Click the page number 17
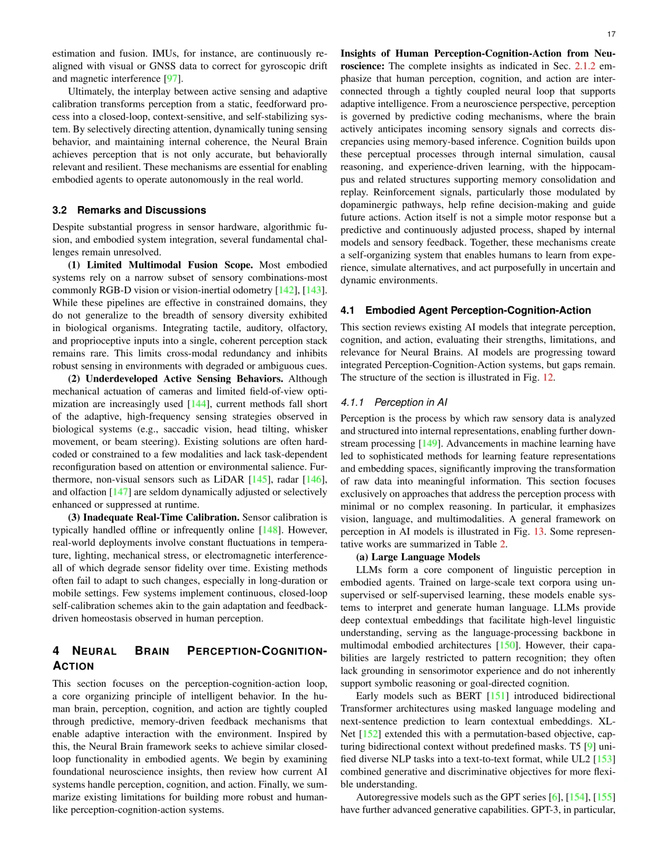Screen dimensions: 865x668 pyautogui.click(x=611, y=34)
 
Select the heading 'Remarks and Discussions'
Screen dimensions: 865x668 pyautogui.click(x=142, y=210)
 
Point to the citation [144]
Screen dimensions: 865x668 pyautogui.click(x=199, y=404)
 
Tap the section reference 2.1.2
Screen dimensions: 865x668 pyautogui.click(x=586, y=66)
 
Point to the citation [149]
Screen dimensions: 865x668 pyautogui.click(x=429, y=444)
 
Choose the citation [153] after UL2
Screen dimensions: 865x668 pyautogui.click(x=604, y=759)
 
